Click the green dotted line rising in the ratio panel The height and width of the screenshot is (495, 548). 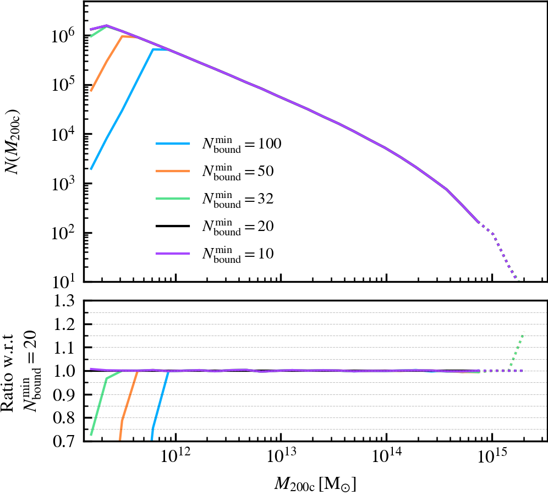[x=516, y=351]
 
